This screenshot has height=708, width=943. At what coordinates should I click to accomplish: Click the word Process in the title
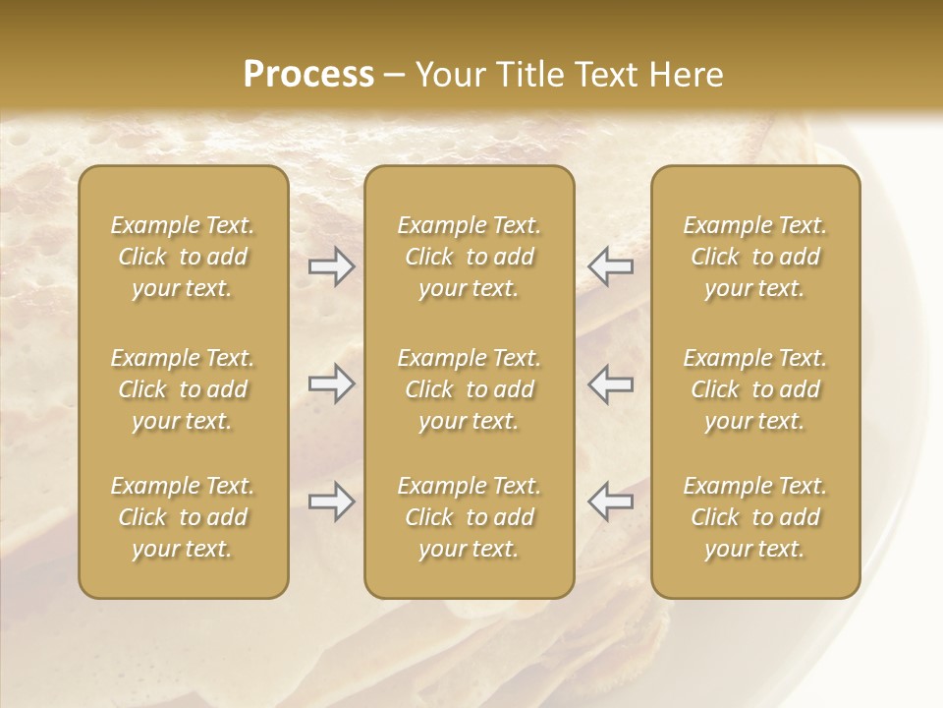pos(308,75)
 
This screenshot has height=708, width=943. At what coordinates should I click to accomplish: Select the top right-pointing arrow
pos(331,266)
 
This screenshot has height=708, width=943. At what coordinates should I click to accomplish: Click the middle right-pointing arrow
pos(331,383)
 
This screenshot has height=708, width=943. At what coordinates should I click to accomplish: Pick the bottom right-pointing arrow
pos(331,502)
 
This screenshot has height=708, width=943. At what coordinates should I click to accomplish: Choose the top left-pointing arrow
pos(611,266)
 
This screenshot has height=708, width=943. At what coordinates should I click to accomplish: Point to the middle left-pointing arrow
pos(611,383)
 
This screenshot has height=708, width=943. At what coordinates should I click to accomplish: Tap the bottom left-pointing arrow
pos(611,502)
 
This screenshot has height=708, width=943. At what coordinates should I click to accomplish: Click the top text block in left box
pos(183,257)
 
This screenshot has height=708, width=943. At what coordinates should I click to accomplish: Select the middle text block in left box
pos(183,389)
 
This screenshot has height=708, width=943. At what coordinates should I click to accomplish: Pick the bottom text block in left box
pos(183,517)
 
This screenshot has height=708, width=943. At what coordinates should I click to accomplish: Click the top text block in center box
pos(470,257)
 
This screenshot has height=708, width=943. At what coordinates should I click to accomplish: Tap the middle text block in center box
pos(470,389)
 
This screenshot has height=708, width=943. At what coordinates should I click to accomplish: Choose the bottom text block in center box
pos(470,517)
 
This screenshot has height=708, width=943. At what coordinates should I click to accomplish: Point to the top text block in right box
pos(755,257)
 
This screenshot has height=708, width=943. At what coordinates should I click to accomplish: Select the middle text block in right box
pos(755,389)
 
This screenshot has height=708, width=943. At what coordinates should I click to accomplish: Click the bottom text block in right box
pos(755,517)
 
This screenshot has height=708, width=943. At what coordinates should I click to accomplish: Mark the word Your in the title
pos(449,75)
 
